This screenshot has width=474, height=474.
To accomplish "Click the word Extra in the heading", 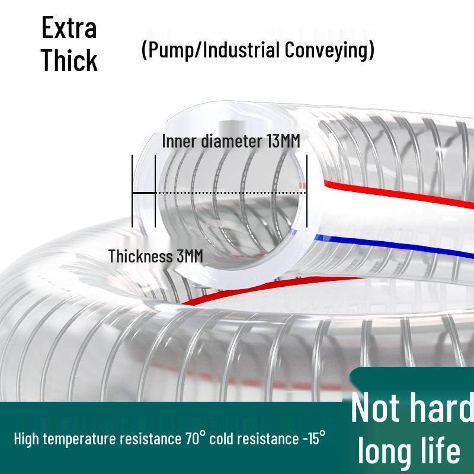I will click(69, 28).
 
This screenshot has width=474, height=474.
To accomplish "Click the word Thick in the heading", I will click(69, 60).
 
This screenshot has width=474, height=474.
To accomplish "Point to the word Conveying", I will click(328, 50).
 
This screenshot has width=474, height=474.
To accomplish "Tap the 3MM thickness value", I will click(189, 256).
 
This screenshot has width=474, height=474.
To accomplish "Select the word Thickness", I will click(140, 256).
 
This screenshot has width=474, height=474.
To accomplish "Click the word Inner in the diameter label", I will click(179, 142).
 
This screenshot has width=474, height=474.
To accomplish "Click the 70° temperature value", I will click(195, 439).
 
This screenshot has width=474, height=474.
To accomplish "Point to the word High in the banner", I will click(27, 439).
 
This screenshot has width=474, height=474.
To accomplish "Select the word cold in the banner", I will click(226, 439).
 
